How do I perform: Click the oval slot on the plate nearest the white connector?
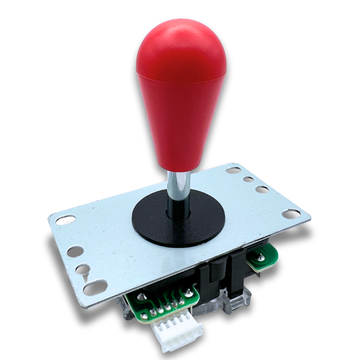pyautogui.click(x=95, y=287)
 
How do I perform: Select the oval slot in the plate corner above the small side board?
pyautogui.click(x=291, y=214)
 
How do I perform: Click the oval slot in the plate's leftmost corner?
pyautogui.click(x=65, y=220)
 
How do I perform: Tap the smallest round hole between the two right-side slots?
pyautogui.click(x=248, y=179)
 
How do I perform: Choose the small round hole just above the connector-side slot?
pyautogui.click(x=82, y=269)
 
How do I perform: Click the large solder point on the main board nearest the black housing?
pyautogui.click(x=189, y=293)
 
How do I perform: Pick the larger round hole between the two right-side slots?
pyautogui.click(x=262, y=189)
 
